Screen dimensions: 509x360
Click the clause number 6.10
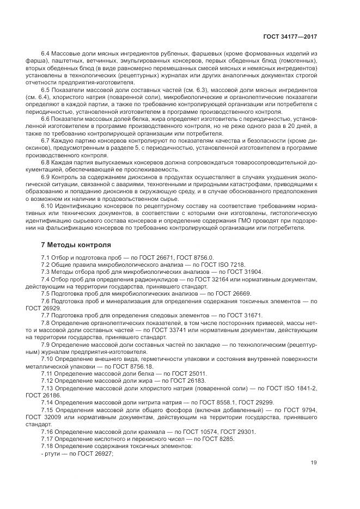click(x=47, y=206)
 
